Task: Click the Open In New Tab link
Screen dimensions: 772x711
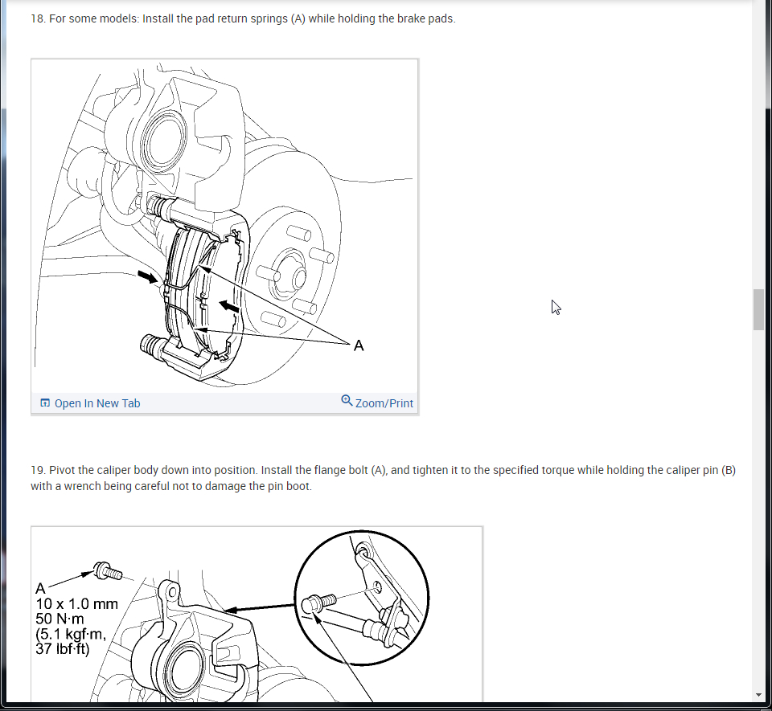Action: click(90, 403)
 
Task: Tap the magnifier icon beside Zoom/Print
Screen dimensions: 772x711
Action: click(347, 401)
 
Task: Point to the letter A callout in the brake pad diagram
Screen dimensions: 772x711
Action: click(359, 345)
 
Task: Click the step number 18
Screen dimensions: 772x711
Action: click(38, 18)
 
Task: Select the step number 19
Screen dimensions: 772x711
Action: click(38, 470)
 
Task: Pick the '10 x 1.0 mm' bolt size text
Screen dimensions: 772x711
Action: click(77, 604)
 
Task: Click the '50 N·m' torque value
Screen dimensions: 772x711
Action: click(60, 619)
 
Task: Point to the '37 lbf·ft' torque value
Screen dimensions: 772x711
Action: click(63, 649)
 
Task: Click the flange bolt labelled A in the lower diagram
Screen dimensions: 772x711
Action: click(108, 571)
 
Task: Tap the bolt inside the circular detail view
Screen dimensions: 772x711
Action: click(318, 603)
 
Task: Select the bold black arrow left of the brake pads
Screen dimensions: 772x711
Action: click(147, 277)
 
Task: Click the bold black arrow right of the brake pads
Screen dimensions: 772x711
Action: click(229, 307)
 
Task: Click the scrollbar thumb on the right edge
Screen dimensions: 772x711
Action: click(758, 310)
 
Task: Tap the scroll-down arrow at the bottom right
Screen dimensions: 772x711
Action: click(758, 695)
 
